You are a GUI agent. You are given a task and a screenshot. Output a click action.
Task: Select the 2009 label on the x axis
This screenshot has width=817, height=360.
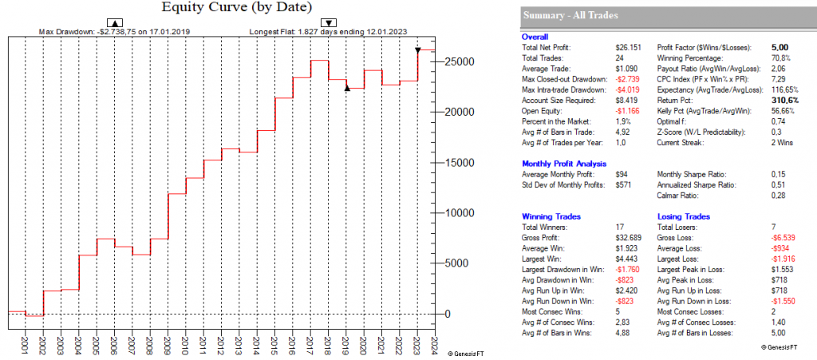click(x=166, y=344)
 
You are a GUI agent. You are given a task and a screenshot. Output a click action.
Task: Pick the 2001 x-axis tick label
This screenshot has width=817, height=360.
click(x=25, y=344)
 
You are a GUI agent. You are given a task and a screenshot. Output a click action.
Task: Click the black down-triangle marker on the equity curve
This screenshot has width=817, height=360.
click(x=418, y=50)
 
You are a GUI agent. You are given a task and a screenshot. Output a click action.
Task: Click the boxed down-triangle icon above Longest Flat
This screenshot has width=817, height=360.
click(x=328, y=22)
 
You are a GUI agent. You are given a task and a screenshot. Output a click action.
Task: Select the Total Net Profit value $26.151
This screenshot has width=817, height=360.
click(x=628, y=49)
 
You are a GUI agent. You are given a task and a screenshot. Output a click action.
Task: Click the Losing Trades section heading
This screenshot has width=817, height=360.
click(x=685, y=216)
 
